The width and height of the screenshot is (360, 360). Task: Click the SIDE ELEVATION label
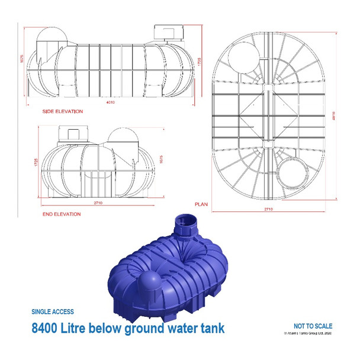coord(62,111)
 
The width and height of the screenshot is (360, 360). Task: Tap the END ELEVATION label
coord(62,214)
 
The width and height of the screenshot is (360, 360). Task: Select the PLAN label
coord(201,204)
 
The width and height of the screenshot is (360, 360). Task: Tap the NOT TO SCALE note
coord(313,326)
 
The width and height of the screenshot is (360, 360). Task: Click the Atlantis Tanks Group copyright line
coord(308,333)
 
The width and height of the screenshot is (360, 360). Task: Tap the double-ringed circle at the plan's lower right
coord(291,173)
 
